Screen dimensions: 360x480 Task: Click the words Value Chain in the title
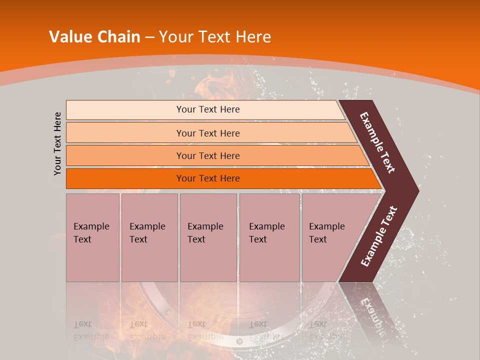click(94, 37)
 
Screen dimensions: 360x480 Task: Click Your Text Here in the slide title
click(214, 37)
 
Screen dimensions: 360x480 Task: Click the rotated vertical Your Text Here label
click(57, 143)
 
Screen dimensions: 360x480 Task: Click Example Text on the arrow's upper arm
click(377, 142)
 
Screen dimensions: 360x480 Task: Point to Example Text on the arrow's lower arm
click(378, 236)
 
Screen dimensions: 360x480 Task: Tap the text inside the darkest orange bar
click(208, 178)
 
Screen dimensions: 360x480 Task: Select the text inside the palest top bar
click(208, 109)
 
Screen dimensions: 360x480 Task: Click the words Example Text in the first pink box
click(91, 233)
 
